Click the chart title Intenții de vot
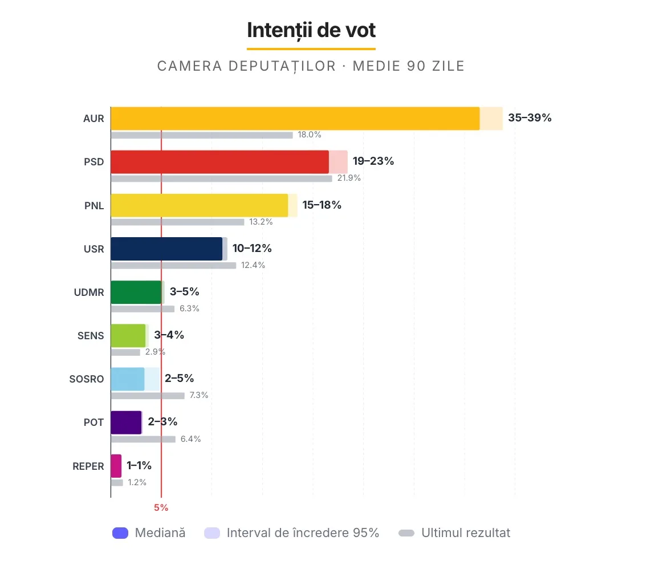point(311,30)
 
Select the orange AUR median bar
point(295,119)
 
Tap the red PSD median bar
point(219,162)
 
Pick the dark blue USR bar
point(166,249)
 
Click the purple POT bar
point(126,422)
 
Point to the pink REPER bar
point(116,466)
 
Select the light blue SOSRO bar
point(128,379)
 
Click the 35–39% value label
point(530,118)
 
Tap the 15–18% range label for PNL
point(322,205)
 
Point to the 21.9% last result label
point(348,178)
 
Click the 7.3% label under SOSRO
point(199,395)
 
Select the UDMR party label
point(89,292)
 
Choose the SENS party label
point(91,336)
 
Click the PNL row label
point(93,206)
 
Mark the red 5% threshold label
point(161,507)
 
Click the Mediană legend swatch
point(120,533)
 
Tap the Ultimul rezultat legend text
point(465,533)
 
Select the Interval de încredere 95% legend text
point(303,533)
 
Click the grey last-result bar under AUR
point(202,135)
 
